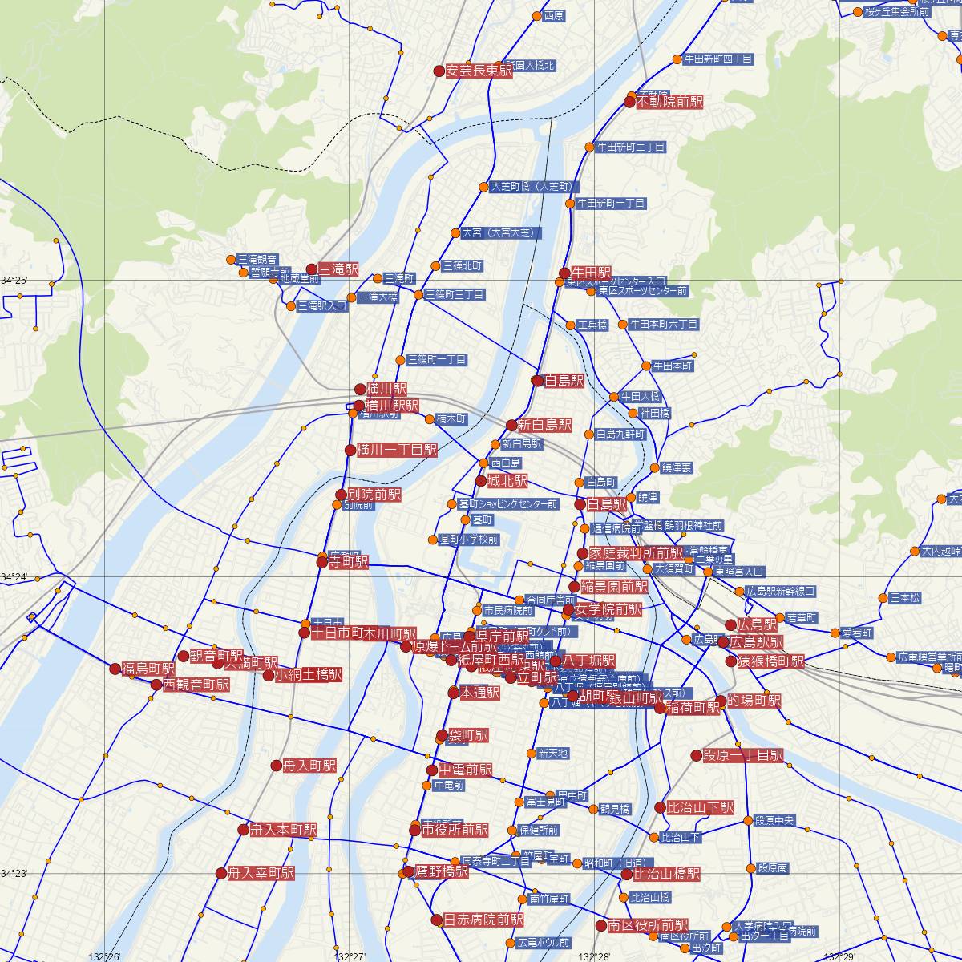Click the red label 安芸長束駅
pos(479,71)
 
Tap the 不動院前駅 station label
pos(669,103)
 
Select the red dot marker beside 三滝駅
pos(312,269)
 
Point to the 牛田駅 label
pos(592,273)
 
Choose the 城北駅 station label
pos(507,482)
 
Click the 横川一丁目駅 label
pos(397,450)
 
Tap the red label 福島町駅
pos(148,669)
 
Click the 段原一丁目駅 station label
pos(743,755)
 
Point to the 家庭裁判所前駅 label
pos(636,554)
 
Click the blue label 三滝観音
pos(257,259)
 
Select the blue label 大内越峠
pos(940,551)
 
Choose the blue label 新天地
pos(552,754)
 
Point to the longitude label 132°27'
pos(351,956)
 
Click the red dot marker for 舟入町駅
pos(277,766)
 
